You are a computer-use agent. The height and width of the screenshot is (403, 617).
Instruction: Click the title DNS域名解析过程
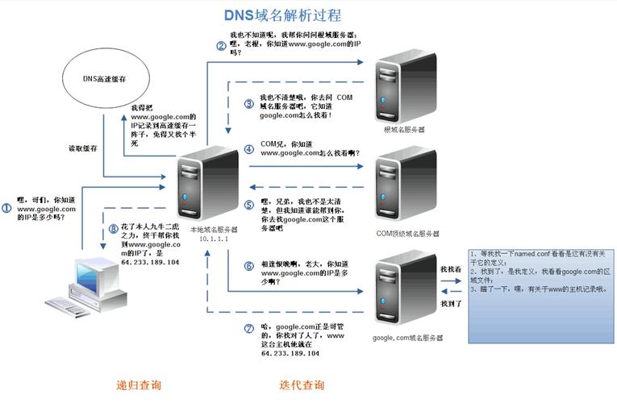(282, 15)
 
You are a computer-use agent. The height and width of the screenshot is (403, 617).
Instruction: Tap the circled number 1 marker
(6, 208)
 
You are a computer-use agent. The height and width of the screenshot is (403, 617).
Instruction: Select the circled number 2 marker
(220, 45)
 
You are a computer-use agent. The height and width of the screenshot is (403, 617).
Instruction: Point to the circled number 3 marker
(248, 104)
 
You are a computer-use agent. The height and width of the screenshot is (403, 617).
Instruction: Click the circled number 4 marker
(248, 148)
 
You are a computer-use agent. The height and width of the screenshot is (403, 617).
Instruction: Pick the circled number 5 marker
(248, 206)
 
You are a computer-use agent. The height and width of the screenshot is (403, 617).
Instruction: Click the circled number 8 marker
(113, 229)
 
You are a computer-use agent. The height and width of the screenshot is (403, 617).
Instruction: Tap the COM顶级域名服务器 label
(408, 234)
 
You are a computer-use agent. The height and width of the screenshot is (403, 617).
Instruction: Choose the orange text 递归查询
(140, 384)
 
